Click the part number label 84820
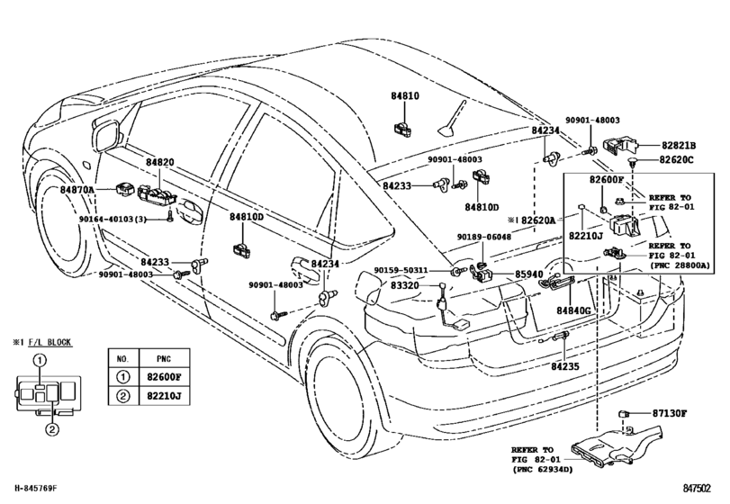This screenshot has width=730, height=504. pos(159,162)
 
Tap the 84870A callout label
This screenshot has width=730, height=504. pos(77,189)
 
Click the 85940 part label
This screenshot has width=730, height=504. pos(529,274)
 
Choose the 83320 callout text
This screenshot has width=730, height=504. pos(404,284)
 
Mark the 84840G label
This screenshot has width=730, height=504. pos(573,310)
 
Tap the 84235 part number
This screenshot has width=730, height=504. pos(565,366)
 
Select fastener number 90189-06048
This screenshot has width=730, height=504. pos(483,237)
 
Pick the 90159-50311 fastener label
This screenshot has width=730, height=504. pos(401,270)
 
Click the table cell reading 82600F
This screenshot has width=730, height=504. pos(164,377)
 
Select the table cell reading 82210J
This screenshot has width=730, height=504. pos(164,396)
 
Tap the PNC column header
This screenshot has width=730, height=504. pos(164,358)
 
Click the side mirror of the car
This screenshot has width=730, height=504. pos(106,135)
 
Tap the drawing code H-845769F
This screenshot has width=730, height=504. pos(36,488)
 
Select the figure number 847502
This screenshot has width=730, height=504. pos(697,488)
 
